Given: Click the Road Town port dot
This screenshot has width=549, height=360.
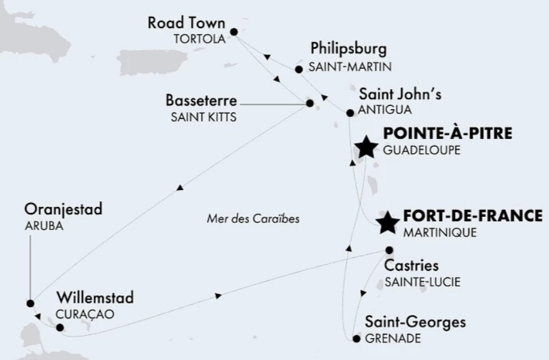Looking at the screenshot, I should click(234, 31).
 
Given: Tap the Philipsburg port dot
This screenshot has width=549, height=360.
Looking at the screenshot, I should click(299, 69).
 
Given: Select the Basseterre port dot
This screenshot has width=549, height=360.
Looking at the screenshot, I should click(309, 103).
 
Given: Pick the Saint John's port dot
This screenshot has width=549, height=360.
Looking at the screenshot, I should click(349, 113).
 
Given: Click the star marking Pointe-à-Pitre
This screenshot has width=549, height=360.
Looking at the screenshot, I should click(365, 148).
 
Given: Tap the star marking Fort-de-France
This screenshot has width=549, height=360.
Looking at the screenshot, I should click(388, 222).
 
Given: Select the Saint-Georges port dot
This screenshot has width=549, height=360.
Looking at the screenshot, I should click(356, 339).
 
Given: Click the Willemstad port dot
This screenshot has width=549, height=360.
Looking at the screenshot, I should click(60, 327).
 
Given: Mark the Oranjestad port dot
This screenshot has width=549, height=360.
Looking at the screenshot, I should click(30, 303).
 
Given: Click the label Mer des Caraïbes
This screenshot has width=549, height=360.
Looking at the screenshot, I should click(253, 219).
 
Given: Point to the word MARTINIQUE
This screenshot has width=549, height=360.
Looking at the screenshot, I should click(439, 233).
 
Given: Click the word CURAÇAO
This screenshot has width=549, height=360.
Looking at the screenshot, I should click(85, 314).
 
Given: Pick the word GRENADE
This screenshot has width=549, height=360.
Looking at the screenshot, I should click(393, 339).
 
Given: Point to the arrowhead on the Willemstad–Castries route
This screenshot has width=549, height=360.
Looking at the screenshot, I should click(218, 296).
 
